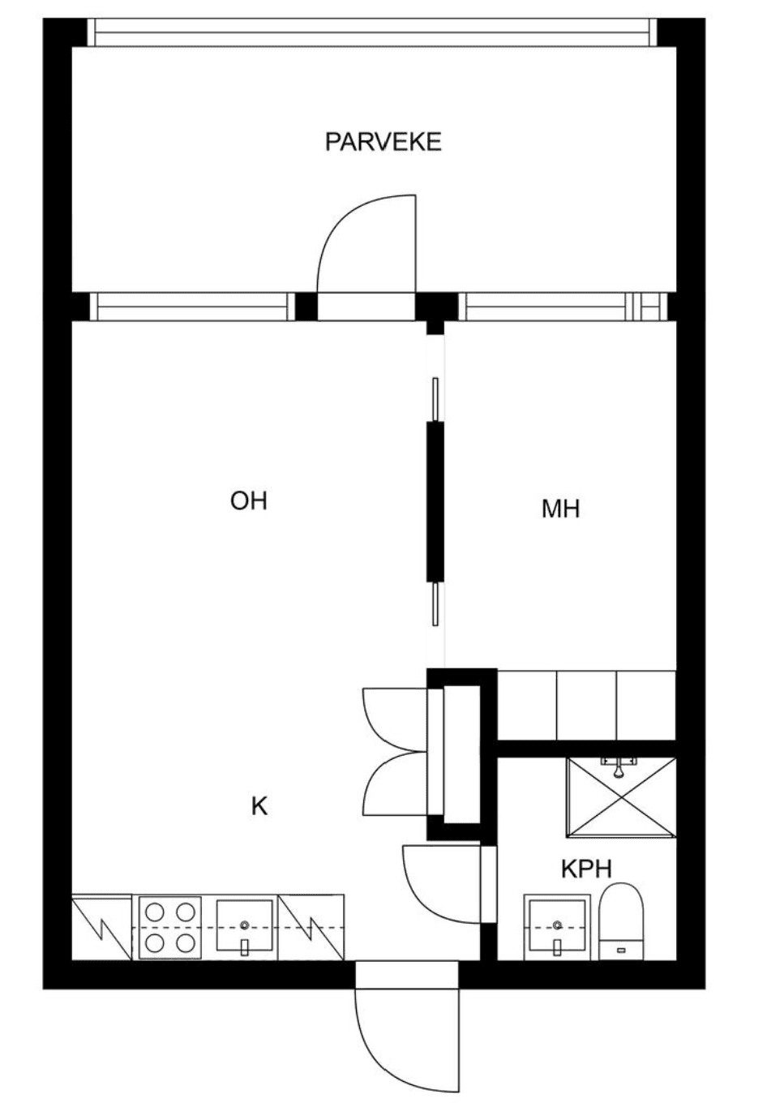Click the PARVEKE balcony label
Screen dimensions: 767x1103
[383, 142]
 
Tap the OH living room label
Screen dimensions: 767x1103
[249, 501]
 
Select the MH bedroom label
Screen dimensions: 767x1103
[560, 509]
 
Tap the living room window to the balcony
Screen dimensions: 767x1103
[192, 307]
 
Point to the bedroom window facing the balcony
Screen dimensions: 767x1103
[563, 307]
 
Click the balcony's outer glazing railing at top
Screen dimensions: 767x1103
[372, 32]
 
